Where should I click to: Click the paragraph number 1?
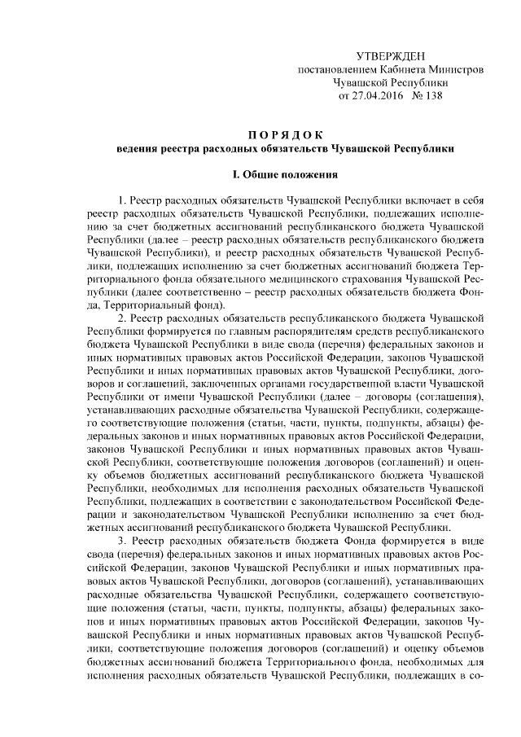click(121, 200)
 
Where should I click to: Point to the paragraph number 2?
click(121, 317)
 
